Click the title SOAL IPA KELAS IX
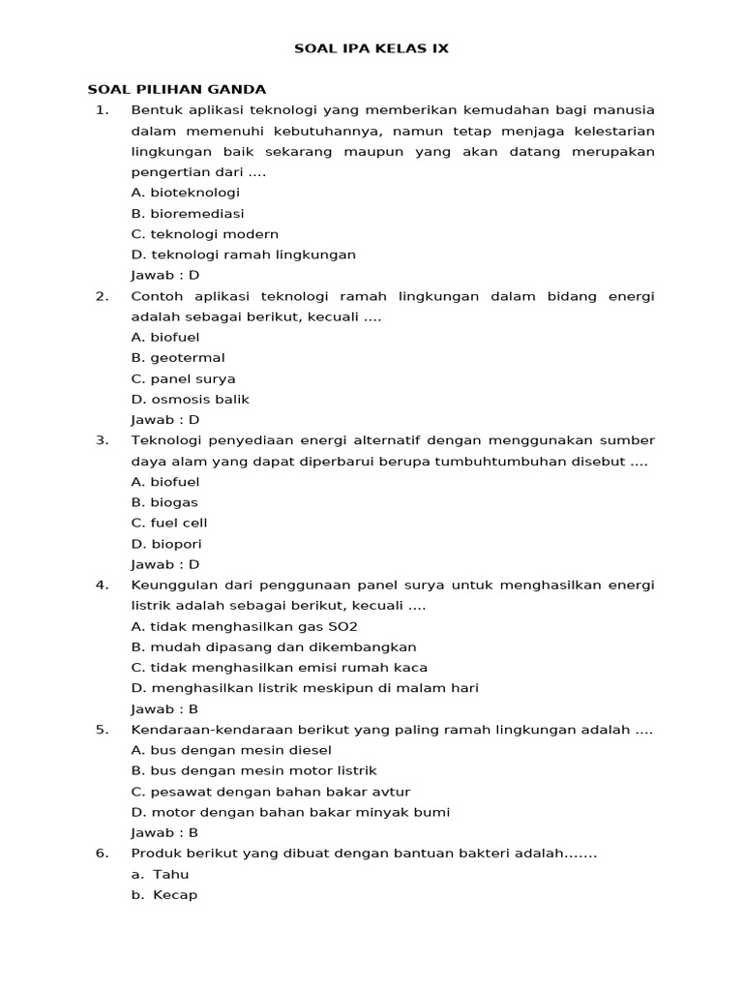[371, 47]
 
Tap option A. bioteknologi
[185, 193]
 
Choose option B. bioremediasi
[187, 213]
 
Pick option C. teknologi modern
[204, 234]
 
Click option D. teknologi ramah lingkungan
[243, 255]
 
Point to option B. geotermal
[177, 358]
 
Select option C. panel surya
[183, 378]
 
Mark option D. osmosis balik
[190, 399]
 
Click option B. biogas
[163, 502]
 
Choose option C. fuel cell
[168, 523]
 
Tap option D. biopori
[166, 544]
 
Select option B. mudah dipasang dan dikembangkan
[274, 646]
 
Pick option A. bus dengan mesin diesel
[231, 750]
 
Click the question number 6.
[102, 854]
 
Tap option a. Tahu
[162, 874]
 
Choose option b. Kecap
[164, 895]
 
